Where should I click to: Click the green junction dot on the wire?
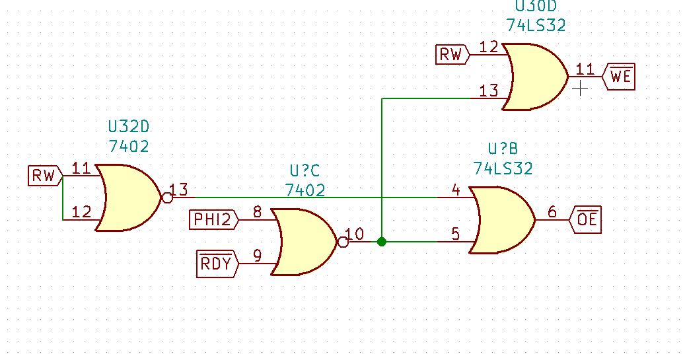[x=381, y=242]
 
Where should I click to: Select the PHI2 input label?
[x=213, y=219]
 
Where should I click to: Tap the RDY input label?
[x=217, y=264]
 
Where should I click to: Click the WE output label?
[x=620, y=77]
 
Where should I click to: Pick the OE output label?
[x=586, y=219]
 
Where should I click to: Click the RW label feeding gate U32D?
[x=44, y=176]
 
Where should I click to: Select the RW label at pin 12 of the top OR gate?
[x=451, y=54]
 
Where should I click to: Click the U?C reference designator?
[x=305, y=170]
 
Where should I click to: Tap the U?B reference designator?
[x=503, y=149]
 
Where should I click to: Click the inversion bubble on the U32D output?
[x=166, y=197]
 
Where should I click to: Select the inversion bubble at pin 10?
[x=342, y=242]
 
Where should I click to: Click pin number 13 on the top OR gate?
[x=489, y=91]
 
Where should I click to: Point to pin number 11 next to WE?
[x=585, y=69]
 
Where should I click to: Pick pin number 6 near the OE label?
[x=552, y=212]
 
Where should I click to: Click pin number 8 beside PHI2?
[x=257, y=212]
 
